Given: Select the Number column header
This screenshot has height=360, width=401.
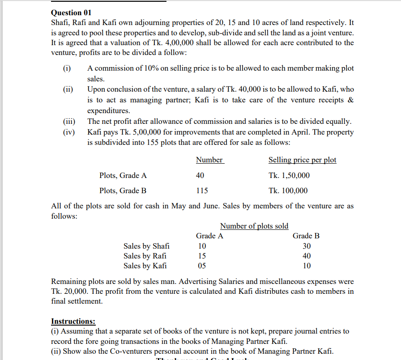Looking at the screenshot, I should [x=209, y=160].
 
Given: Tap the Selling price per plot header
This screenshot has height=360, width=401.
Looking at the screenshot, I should [x=302, y=160].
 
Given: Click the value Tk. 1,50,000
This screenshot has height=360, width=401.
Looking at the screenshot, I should [x=289, y=175].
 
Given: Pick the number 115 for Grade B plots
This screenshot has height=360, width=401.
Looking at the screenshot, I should [x=202, y=191].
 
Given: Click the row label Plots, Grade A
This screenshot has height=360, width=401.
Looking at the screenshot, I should [x=123, y=175].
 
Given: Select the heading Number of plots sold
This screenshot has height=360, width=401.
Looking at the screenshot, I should [x=254, y=226].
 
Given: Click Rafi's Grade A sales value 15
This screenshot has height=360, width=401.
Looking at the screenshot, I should [x=202, y=256].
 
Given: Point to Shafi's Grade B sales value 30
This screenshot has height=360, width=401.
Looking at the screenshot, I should [x=307, y=246].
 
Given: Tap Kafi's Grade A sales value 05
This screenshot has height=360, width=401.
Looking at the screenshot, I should [x=202, y=266].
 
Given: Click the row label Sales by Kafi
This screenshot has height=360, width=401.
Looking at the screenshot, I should [x=145, y=266].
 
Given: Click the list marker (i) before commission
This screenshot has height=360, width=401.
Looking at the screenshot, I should [x=66, y=68].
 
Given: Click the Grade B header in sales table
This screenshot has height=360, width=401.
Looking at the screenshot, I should [x=306, y=236].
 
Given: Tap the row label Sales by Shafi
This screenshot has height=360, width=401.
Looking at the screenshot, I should [x=146, y=246].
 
